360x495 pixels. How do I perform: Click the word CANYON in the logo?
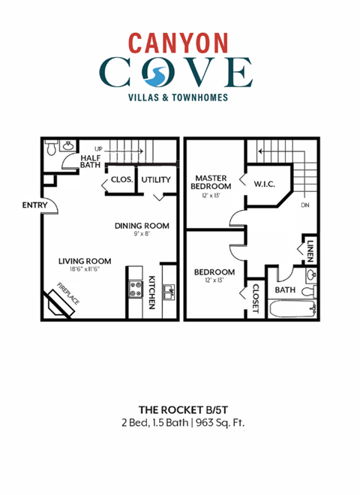pyautogui.click(x=179, y=41)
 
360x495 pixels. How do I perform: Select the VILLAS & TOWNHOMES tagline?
pyautogui.click(x=179, y=97)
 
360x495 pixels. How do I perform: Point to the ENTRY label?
pyautogui.click(x=34, y=205)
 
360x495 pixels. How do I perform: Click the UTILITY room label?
pyautogui.click(x=156, y=180)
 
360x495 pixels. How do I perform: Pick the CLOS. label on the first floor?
pyautogui.click(x=121, y=180)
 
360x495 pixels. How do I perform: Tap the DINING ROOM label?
pyautogui.click(x=142, y=226)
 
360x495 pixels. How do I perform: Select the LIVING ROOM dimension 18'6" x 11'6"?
pyautogui.click(x=85, y=270)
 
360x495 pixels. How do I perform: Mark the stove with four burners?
pyautogui.click(x=136, y=289)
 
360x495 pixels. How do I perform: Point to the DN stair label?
pyautogui.click(x=305, y=205)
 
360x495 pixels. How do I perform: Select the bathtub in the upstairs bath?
pyautogui.click(x=292, y=307)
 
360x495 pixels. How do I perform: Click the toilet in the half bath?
pyautogui.click(x=51, y=148)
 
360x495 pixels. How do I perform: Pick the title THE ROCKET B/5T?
pyautogui.click(x=179, y=409)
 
